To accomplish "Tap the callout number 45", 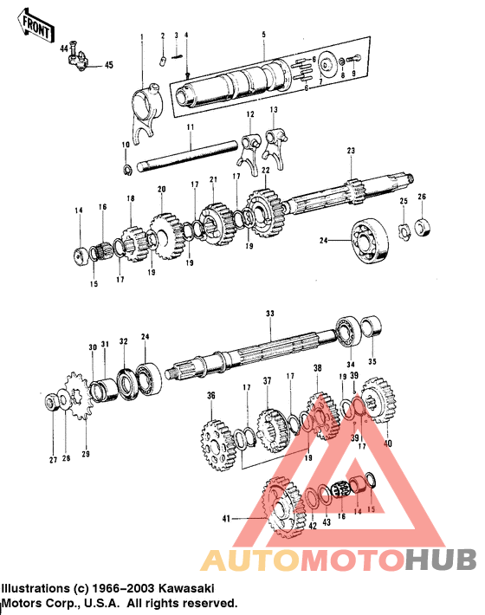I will (x=108, y=65).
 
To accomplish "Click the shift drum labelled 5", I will (x=234, y=84).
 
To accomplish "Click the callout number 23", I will (x=351, y=152).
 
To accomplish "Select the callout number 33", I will (x=269, y=314).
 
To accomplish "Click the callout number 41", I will (x=227, y=518).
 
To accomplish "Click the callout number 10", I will (x=126, y=144).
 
